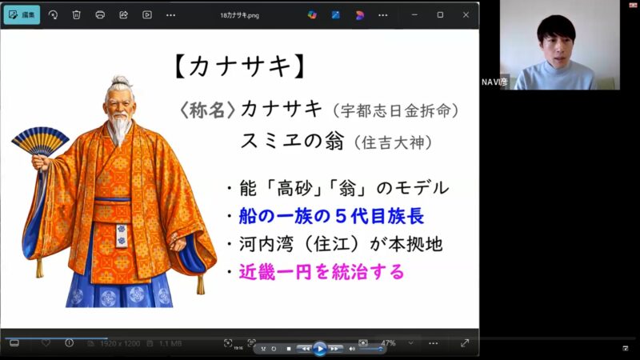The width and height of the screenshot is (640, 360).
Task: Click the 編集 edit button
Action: coord(21,14)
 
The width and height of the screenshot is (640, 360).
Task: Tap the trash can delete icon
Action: coord(76,14)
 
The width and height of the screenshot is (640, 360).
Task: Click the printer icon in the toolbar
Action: coord(100,14)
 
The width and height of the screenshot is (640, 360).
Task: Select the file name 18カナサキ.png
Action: coord(244,14)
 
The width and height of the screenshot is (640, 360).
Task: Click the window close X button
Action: coord(465,14)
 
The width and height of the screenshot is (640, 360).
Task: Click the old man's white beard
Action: coord(119,127)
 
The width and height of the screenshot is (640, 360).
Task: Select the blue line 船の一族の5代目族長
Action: coord(330,216)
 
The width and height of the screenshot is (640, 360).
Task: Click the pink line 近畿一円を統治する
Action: coord(321,272)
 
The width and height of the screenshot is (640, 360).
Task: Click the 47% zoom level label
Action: coord(388,343)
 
